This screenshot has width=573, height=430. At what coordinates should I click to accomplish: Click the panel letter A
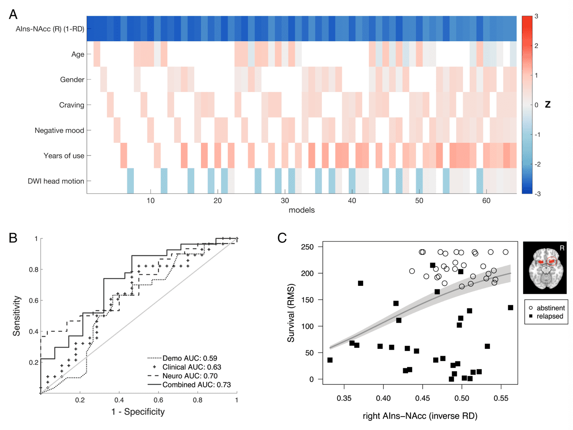[13, 15]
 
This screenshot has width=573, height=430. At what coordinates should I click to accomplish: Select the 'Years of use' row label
[63, 156]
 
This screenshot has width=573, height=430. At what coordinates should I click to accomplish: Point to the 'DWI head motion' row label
[56, 181]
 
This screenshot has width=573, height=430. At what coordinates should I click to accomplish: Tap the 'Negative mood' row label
[59, 130]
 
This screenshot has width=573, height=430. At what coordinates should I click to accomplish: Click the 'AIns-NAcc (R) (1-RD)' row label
[50, 29]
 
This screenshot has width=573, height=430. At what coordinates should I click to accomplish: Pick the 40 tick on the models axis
[352, 201]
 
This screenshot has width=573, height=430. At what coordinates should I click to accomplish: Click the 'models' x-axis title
[301, 210]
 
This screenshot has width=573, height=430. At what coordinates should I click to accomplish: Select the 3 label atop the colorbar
[537, 17]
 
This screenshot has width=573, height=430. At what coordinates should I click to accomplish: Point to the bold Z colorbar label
[548, 105]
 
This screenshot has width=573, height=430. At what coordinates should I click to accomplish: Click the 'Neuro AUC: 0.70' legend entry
[189, 376]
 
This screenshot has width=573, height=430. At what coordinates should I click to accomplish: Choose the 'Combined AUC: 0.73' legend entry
[196, 385]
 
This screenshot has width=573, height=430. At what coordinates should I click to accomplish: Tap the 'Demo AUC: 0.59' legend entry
[189, 358]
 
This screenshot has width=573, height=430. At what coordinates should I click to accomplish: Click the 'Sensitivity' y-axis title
[17, 316]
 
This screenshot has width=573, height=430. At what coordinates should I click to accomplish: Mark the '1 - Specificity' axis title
[138, 412]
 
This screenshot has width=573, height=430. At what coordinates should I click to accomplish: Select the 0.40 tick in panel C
[383, 398]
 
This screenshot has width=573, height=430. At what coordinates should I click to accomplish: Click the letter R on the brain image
[562, 248]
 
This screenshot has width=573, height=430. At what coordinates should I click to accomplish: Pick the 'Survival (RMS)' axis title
[291, 313]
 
